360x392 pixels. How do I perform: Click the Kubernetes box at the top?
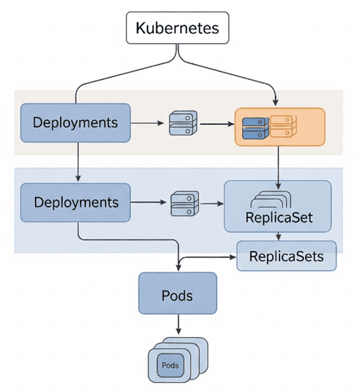pyautogui.click(x=177, y=28)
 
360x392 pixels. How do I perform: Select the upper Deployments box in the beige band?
pyautogui.click(x=75, y=122)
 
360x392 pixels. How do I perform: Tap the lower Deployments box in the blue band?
pyautogui.click(x=75, y=203)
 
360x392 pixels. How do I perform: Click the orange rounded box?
pyautogui.click(x=280, y=127)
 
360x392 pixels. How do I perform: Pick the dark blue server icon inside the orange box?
pyautogui.click(x=255, y=128)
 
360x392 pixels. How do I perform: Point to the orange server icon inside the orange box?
pyautogui.click(x=283, y=126)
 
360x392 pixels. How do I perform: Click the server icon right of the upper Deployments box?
pyautogui.click(x=183, y=123)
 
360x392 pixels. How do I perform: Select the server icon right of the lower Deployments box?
pyautogui.click(x=185, y=203)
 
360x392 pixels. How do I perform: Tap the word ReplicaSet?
pyautogui.click(x=279, y=217)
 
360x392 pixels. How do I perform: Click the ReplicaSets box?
pyautogui.click(x=287, y=256)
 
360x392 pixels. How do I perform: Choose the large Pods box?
pyautogui.click(x=177, y=293)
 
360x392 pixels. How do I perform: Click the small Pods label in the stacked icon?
pyautogui.click(x=170, y=366)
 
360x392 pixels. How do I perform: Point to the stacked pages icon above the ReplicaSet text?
pyautogui.click(x=271, y=199)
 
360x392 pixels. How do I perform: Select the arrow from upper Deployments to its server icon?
pyautogui.click(x=147, y=123)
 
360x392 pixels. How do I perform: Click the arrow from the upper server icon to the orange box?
pyautogui.click(x=217, y=124)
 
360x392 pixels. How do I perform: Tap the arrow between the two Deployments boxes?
pyautogui.click(x=78, y=162)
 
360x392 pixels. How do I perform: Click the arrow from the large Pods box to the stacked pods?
pyautogui.click(x=178, y=324)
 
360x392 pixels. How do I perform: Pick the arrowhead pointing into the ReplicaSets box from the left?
pyautogui.click(x=233, y=257)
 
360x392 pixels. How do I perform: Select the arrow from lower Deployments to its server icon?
pyautogui.click(x=148, y=202)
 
